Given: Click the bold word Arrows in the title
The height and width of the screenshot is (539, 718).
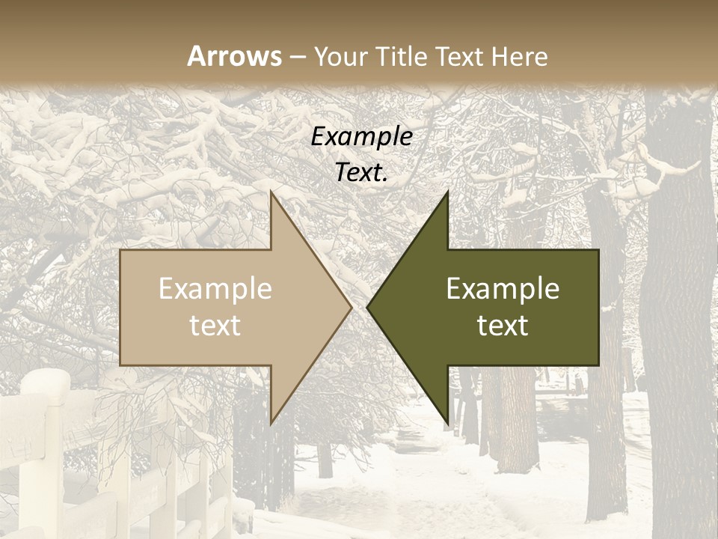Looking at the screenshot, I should pyautogui.click(x=234, y=56).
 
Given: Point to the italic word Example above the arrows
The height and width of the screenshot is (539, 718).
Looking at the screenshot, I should pyautogui.click(x=361, y=137).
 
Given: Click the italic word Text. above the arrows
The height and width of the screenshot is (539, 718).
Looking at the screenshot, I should pyautogui.click(x=361, y=173).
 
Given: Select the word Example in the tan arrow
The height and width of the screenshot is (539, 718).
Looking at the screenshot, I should pyautogui.click(x=215, y=288).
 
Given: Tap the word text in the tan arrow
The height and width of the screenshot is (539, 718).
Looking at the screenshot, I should pyautogui.click(x=215, y=325).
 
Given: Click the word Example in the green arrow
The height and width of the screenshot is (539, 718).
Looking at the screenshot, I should pyautogui.click(x=503, y=288).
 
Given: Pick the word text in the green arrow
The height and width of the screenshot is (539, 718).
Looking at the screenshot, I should pyautogui.click(x=503, y=325).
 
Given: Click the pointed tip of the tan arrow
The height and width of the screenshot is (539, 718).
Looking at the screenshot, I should pyautogui.click(x=351, y=307).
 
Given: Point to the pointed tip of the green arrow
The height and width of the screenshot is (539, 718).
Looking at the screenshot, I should pyautogui.click(x=368, y=307).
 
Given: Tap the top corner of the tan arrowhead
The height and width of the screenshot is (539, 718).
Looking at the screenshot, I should pyautogui.click(x=271, y=192).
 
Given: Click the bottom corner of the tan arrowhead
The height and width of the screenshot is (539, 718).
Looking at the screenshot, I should pyautogui.click(x=271, y=423).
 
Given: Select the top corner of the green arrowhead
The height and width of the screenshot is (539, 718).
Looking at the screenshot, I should pyautogui.click(x=447, y=192).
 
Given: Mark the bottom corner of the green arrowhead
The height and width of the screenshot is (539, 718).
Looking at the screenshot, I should pyautogui.click(x=447, y=423).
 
